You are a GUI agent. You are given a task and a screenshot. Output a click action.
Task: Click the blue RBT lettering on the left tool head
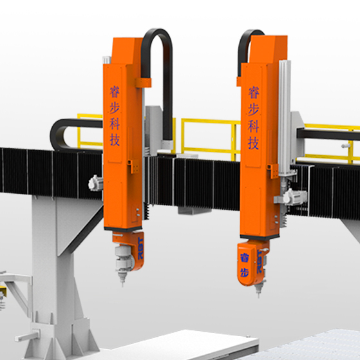[137, 249]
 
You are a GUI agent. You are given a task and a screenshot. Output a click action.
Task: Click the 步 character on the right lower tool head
[244, 270]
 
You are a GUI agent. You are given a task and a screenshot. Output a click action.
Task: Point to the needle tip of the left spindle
[120, 284]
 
